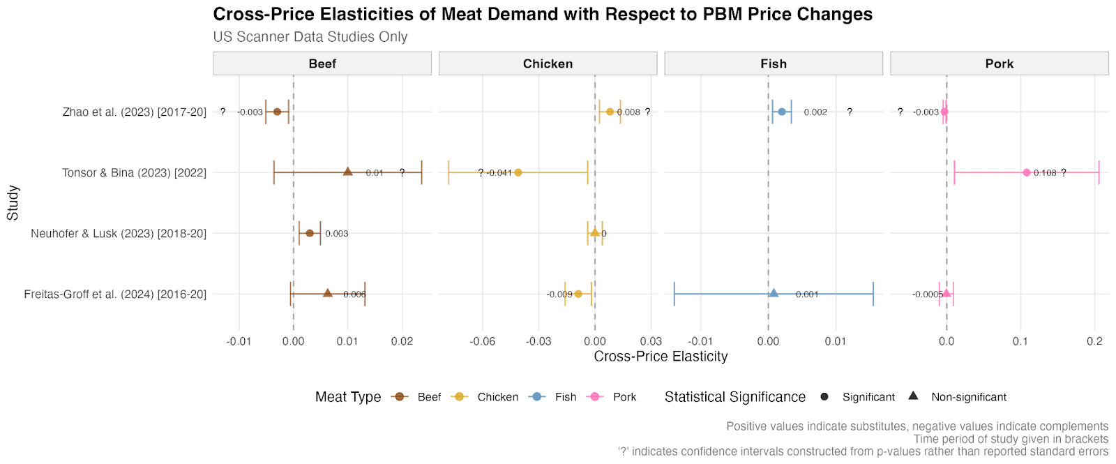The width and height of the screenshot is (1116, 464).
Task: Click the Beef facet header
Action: tap(322, 63)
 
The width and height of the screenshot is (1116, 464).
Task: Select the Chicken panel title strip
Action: tap(548, 63)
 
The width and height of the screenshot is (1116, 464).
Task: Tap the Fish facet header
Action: tap(773, 63)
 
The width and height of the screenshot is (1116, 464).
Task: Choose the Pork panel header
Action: tap(999, 63)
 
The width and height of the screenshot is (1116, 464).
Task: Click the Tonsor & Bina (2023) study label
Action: tap(134, 172)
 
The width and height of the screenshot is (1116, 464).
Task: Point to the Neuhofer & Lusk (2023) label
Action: tap(119, 233)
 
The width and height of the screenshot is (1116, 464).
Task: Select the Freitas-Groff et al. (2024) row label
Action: tap(115, 294)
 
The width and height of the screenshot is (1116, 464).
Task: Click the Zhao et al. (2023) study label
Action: tap(135, 112)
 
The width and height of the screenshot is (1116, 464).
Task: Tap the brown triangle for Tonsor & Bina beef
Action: tap(347, 172)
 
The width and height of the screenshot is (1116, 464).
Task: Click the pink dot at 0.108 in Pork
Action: tap(1026, 172)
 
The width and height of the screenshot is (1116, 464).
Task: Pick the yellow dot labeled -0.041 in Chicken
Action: tap(518, 172)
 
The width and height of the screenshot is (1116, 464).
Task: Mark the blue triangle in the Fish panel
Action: tap(773, 293)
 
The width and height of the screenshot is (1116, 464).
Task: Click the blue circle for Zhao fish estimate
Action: tap(781, 112)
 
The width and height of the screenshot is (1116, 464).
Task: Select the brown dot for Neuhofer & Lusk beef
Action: tap(310, 233)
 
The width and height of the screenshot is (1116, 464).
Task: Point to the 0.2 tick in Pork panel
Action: tap(1094, 341)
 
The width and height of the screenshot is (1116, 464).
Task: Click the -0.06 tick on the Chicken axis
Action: tap(482, 341)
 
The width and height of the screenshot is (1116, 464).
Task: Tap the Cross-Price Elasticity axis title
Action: tap(661, 357)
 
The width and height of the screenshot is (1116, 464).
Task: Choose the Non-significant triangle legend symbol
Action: tap(913, 396)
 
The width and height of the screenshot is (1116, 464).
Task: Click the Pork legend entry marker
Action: tap(595, 396)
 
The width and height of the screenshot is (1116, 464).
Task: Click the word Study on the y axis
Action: tap(13, 202)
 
